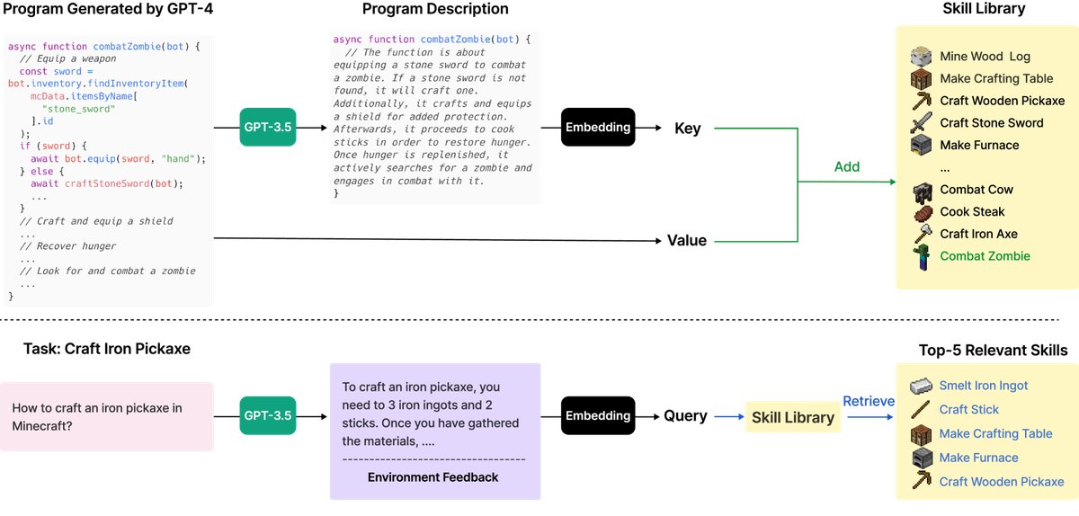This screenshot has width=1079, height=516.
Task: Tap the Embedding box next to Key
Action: pyautogui.click(x=598, y=128)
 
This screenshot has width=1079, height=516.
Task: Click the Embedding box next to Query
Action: pyautogui.click(x=598, y=415)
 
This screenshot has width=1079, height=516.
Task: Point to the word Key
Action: pyautogui.click(x=688, y=129)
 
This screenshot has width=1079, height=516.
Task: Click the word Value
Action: pyautogui.click(x=687, y=240)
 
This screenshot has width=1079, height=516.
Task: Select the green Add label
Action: pyautogui.click(x=847, y=166)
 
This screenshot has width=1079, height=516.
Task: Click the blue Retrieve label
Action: pyautogui.click(x=868, y=401)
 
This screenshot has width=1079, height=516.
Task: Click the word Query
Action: pyautogui.click(x=685, y=416)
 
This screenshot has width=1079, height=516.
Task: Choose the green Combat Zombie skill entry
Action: pyautogui.click(x=985, y=256)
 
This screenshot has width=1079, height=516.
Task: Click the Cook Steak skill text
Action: pyautogui.click(x=972, y=212)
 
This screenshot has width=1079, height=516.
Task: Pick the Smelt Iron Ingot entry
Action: pyautogui.click(x=984, y=386)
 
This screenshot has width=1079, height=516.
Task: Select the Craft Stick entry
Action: pyautogui.click(x=969, y=409)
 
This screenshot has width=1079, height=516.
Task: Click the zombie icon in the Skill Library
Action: pyautogui.click(x=920, y=257)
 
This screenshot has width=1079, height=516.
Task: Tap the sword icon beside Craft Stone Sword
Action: pyautogui.click(x=920, y=123)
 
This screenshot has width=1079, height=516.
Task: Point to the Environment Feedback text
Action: pyautogui.click(x=432, y=477)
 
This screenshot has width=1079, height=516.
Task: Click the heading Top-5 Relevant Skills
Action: pyautogui.click(x=993, y=350)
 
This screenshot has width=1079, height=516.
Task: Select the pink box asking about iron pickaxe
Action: pyautogui.click(x=107, y=416)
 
